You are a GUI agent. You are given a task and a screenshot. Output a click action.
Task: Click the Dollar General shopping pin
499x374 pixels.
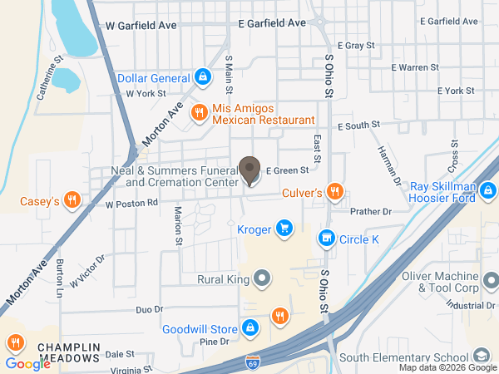tap(202, 78)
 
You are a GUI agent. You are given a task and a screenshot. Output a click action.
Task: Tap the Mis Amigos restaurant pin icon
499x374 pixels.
tap(199, 112)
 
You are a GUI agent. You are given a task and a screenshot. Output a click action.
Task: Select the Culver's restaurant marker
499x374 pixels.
tap(334, 192)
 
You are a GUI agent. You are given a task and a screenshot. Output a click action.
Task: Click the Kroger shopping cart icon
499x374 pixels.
tap(284, 228)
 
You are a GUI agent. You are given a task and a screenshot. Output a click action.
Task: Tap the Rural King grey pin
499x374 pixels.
tap(263, 279)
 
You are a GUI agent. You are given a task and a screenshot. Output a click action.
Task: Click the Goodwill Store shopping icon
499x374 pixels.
tap(249, 328)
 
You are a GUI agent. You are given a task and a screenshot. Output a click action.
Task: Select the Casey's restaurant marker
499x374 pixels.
tap(72, 200)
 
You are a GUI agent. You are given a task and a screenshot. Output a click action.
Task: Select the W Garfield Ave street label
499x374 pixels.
tap(141, 26)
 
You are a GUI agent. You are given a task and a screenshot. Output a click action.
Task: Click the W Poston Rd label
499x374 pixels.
tap(131, 203)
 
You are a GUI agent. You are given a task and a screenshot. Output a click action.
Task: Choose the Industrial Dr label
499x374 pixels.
tap(469, 305)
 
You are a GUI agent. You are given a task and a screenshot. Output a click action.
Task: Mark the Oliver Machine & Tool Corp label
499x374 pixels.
tap(449, 283)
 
